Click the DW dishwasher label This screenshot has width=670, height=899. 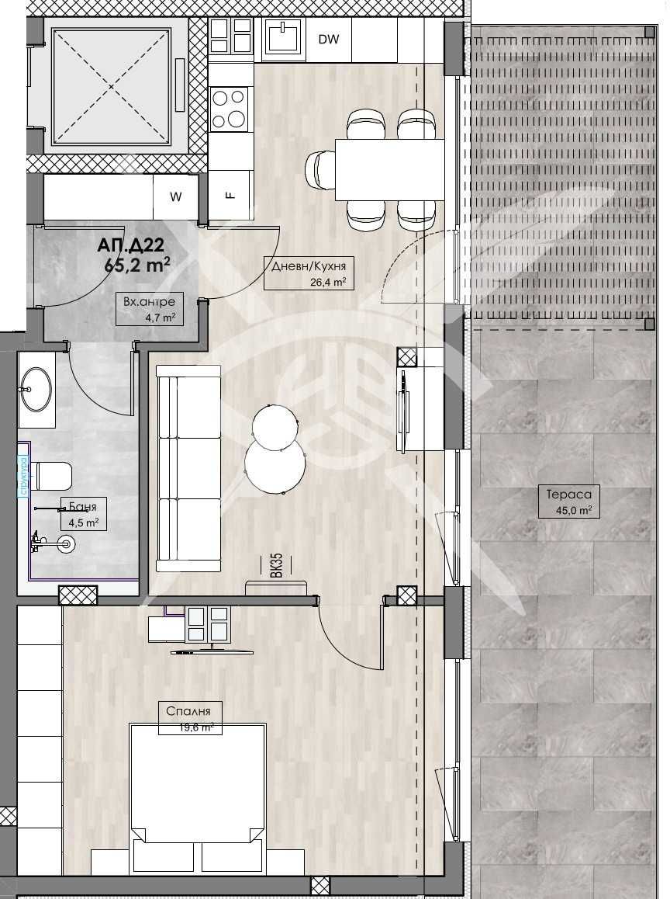click(x=329, y=40)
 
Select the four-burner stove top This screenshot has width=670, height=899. click(x=230, y=108)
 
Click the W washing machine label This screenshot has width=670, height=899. click(x=176, y=197)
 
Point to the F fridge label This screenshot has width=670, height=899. click(x=230, y=195)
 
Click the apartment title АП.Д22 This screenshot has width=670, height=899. click(x=130, y=246)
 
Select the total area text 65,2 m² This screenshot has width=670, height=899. click(x=137, y=264)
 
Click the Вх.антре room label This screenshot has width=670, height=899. click(x=149, y=302)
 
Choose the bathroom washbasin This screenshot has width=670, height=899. click(x=36, y=388)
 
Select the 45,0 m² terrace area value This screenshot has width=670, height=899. click(x=569, y=510)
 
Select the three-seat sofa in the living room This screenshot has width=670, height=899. click(x=189, y=468)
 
